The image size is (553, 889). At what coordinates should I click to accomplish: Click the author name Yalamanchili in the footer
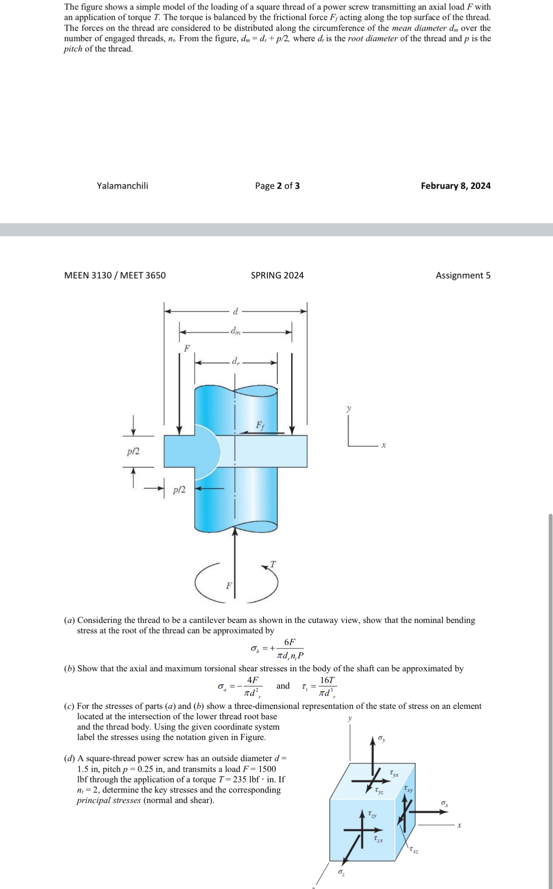coord(122,186)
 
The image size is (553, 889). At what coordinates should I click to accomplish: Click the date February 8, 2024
coord(456,186)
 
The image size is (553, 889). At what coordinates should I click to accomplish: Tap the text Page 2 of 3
coord(277,186)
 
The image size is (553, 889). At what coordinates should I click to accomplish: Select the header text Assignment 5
coord(463,275)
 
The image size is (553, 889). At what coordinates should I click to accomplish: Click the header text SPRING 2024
coord(277,275)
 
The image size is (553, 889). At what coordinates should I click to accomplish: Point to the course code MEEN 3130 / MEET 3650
coord(115,275)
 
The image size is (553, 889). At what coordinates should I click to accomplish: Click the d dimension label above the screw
coord(236,311)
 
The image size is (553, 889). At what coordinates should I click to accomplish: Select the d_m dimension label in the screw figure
coord(236,332)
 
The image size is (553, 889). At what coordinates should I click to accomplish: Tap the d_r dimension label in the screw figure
coord(236,361)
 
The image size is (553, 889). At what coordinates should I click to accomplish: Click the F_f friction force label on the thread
coord(260,425)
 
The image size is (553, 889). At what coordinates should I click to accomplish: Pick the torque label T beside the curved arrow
coord(273,564)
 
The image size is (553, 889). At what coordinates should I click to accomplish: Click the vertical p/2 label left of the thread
coord(133,451)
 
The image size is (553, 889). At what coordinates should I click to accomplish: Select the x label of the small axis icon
coord(383,445)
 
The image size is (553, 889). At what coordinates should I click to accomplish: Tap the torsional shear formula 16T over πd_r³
coord(327,687)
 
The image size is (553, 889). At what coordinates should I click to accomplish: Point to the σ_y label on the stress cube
coord(381,739)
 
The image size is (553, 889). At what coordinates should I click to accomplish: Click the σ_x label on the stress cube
coord(444,804)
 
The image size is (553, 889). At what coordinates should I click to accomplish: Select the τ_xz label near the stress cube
coord(414,851)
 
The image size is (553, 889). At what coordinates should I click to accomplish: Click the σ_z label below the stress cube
coord(341,873)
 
